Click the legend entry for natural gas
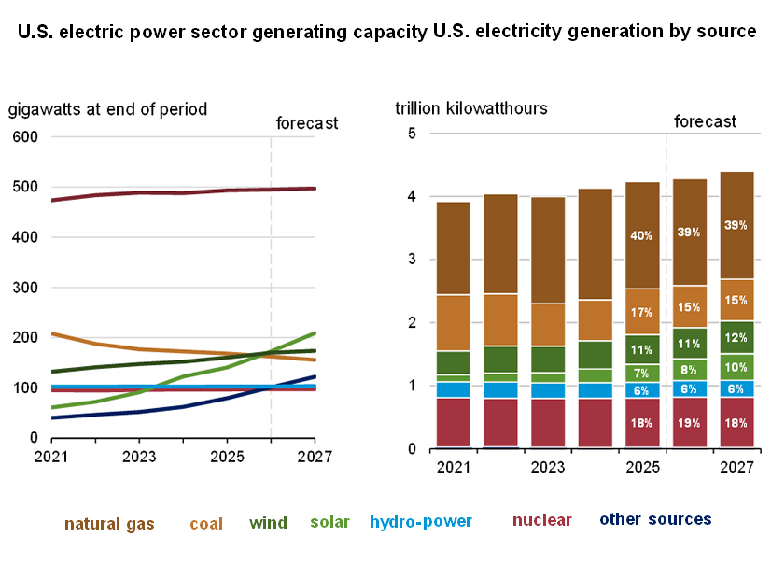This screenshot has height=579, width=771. (109, 523)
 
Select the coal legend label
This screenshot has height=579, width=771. (206, 524)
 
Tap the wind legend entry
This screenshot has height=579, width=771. (268, 523)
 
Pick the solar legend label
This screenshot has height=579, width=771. (329, 521)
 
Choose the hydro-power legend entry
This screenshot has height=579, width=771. (421, 521)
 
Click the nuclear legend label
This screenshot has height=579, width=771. (542, 520)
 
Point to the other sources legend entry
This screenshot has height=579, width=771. (655, 519)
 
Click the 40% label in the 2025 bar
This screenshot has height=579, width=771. (641, 236)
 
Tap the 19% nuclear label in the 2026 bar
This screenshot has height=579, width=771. (688, 422)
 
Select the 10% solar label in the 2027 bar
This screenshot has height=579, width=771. (736, 366)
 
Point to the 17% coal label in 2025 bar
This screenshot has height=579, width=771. (641, 312)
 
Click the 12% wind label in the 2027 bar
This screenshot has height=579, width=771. (736, 337)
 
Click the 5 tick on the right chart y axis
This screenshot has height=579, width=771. (412, 134)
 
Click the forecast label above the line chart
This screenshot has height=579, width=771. (307, 123)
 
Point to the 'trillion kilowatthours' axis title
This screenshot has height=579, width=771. (471, 108)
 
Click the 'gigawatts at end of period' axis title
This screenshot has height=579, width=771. (107, 109)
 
